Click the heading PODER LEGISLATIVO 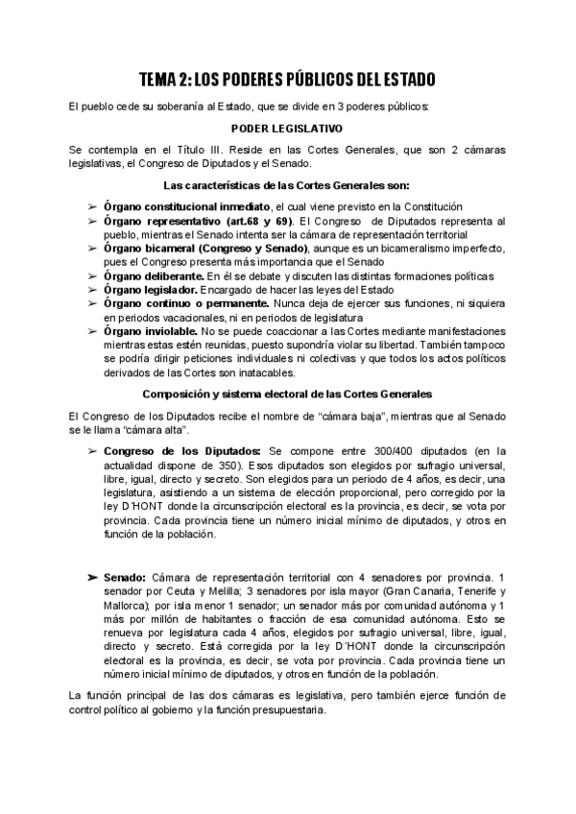288,128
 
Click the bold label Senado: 125,577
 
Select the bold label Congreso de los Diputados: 181,450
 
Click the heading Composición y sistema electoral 288,394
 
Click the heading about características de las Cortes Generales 288,184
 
